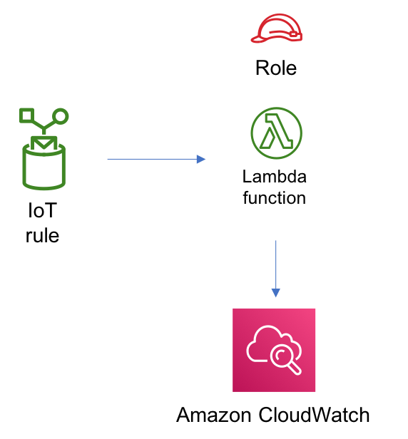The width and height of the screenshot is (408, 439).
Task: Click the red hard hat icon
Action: [277, 29]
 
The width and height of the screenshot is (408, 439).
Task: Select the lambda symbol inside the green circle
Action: [277, 133]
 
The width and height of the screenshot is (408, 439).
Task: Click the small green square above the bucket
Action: [26, 115]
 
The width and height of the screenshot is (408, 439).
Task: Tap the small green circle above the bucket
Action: [61, 116]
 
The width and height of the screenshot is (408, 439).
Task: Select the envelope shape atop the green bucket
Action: [44, 143]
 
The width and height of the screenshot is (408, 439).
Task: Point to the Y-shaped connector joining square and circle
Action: [44, 128]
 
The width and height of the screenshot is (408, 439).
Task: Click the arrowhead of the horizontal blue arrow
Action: [201, 159]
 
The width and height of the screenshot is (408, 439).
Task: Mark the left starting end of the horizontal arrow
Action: [108, 159]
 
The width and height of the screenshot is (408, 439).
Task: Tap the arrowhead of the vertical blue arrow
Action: [276, 292]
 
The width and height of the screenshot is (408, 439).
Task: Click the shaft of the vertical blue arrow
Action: [276, 264]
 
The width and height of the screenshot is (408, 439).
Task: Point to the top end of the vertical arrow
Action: [276, 242]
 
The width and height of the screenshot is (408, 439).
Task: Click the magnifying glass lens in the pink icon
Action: [281, 354]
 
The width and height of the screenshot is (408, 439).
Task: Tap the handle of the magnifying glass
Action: [294, 368]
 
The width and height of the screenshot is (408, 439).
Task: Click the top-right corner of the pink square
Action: [315, 309]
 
